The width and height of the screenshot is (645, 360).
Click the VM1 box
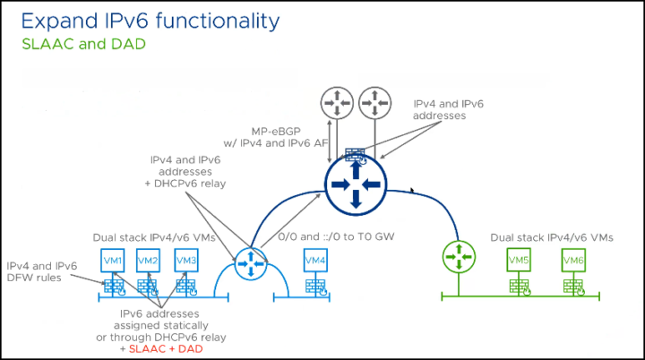113,260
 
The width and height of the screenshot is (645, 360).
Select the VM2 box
148,260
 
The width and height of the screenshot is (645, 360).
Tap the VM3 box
186,260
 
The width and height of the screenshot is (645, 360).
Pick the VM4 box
315,260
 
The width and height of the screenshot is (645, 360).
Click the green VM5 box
519,260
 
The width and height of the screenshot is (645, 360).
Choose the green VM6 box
573,260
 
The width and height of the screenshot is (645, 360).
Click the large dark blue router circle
356,184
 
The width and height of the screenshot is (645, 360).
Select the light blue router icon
251,263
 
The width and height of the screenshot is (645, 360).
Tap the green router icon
459,257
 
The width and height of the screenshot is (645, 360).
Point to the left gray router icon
337,103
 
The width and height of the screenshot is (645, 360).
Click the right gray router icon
374,103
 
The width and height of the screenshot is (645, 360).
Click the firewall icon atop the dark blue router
356,157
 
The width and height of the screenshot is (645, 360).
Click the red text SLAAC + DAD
166,349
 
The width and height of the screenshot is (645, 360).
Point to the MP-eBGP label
276,132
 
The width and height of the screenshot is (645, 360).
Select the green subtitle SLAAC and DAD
84,44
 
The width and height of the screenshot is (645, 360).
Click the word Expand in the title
60,21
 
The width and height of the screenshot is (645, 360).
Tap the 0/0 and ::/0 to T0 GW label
336,236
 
